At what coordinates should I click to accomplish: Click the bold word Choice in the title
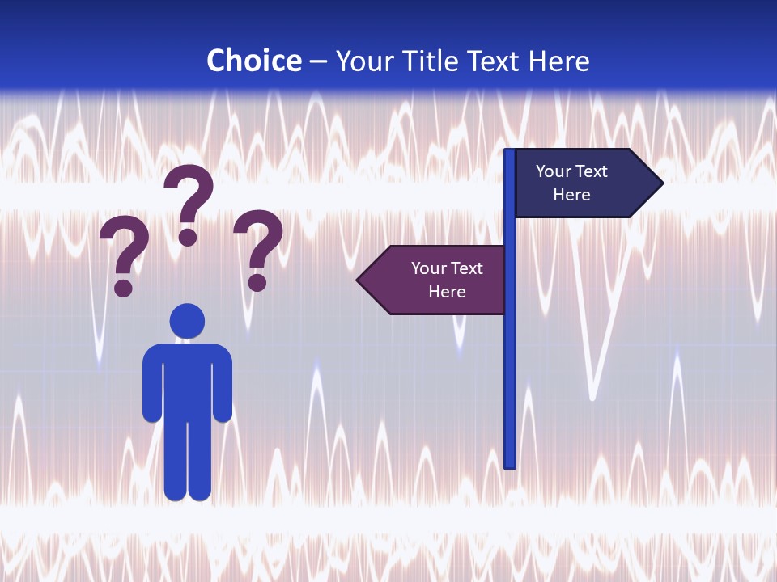tap(253, 61)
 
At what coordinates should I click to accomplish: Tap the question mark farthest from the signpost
tap(124, 255)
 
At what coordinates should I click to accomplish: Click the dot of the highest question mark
tap(188, 237)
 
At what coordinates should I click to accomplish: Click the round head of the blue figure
tap(187, 321)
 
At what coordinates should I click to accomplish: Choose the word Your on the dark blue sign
tap(552, 171)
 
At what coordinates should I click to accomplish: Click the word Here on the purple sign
tap(447, 292)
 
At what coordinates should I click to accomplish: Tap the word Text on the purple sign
tap(465, 268)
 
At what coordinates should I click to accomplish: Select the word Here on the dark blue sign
tap(571, 195)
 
